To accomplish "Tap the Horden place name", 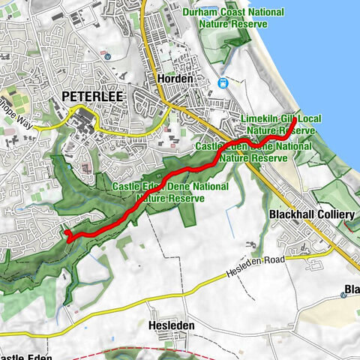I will [175, 79].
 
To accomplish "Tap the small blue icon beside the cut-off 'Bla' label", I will [343, 295].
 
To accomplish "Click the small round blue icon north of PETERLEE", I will [107, 55].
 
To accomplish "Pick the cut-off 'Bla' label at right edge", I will [352, 290].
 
